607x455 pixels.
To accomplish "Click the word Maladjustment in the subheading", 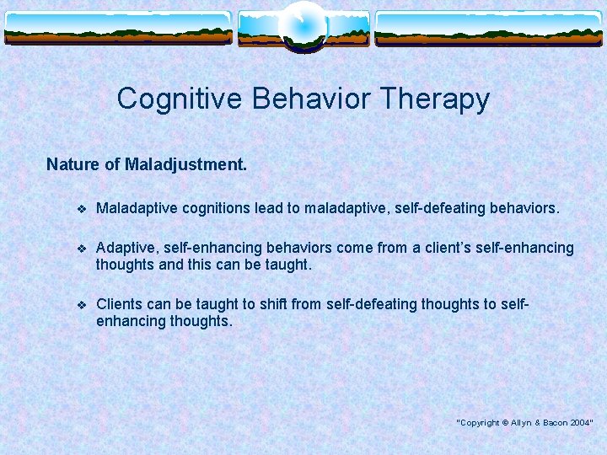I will pyautogui.click(x=185, y=164).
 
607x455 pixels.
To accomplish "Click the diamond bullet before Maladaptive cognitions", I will pyautogui.click(x=81, y=208).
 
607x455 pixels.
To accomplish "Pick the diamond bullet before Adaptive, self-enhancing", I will pyautogui.click(x=81, y=249).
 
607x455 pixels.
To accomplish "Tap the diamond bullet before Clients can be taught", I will pyautogui.click(x=81, y=305).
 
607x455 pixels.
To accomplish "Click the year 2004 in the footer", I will pyautogui.click(x=580, y=422).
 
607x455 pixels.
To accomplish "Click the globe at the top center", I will pyautogui.click(x=303, y=25).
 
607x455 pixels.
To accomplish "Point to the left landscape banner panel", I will pyautogui.click(x=117, y=29).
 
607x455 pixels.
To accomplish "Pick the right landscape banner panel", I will pyautogui.click(x=489, y=29).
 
